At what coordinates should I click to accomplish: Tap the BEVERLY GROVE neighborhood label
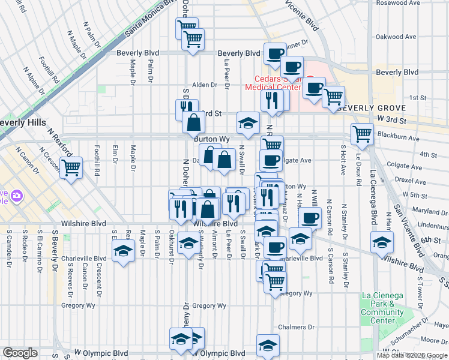[x=367, y=108]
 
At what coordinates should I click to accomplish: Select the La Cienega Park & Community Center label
[x=382, y=308]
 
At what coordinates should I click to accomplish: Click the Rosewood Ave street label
[x=399, y=2]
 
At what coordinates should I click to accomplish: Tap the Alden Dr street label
[x=204, y=85]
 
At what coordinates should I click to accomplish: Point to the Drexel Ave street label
[x=411, y=180]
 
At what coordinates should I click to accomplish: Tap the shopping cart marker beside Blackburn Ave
[x=362, y=134]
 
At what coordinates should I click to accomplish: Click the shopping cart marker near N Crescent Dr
[x=71, y=167]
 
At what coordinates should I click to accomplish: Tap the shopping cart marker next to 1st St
[x=333, y=96]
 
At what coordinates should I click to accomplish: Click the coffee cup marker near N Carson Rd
[x=310, y=218]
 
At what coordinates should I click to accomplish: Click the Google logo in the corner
[x=20, y=353]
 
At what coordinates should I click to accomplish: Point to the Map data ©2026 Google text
[x=412, y=355]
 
